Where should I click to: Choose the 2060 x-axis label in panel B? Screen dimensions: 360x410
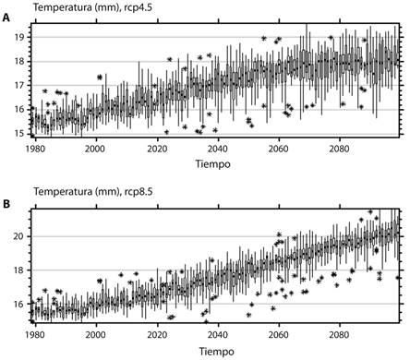278,336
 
